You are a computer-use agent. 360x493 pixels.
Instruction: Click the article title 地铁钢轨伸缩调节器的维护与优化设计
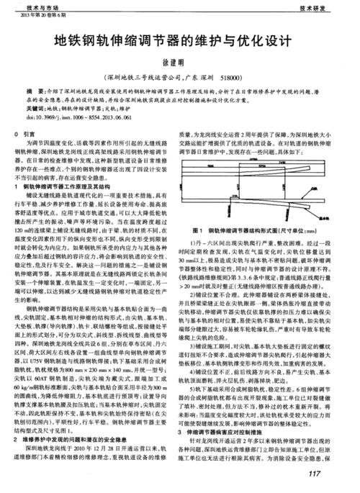click(179, 41)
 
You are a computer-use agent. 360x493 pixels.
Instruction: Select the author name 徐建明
click(179, 63)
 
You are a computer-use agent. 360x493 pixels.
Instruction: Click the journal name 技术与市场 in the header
click(27, 4)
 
